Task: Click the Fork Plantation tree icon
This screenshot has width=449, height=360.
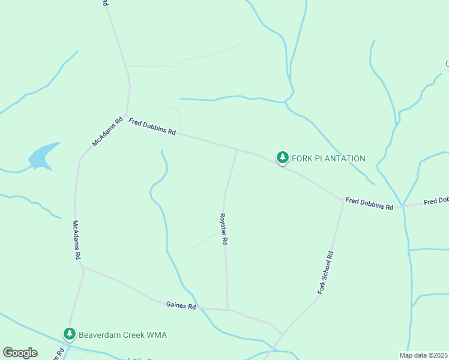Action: click(282, 157)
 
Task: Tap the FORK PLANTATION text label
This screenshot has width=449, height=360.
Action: click(328, 158)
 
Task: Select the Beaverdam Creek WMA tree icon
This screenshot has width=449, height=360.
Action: click(70, 334)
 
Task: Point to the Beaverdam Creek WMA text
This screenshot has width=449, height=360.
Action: click(122, 335)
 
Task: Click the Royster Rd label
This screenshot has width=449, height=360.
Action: click(223, 229)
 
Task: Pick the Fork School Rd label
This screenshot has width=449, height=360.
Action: click(325, 272)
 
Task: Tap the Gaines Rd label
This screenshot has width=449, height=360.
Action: click(181, 306)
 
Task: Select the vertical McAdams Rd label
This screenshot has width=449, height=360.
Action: click(77, 239)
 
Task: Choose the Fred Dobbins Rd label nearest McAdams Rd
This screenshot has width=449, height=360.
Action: click(152, 127)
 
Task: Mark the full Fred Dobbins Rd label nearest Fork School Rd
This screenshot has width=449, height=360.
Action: click(369, 203)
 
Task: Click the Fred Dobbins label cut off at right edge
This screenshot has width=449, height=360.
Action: click(436, 201)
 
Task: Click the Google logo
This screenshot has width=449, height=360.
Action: click(20, 353)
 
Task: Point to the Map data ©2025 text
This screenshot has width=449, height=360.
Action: click(423, 355)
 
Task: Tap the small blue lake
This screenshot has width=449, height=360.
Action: click(43, 156)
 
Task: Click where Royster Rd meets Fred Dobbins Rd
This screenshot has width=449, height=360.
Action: click(237, 149)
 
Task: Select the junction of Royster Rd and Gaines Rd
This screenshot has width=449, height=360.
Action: click(228, 310)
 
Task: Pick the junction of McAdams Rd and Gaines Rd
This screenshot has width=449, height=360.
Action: click(81, 266)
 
